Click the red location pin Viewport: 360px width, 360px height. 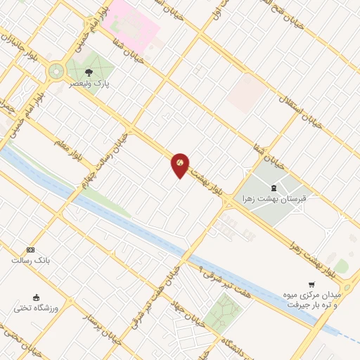(180, 164)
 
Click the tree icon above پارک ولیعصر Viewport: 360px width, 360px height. (89, 72)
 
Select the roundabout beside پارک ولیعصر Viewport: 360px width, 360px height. (55, 72)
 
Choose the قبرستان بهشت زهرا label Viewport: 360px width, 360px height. (274, 199)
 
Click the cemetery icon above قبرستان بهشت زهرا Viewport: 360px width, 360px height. (274, 187)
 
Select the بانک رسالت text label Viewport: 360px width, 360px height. (29, 260)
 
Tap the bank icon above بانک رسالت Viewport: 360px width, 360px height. (30, 250)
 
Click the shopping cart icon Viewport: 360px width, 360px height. (311, 284)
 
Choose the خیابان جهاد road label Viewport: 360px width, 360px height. (184, 316)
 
